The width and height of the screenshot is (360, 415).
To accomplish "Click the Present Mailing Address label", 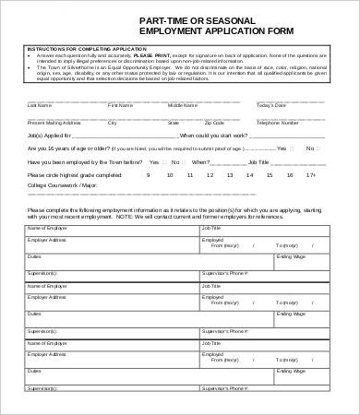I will click(54, 121).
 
